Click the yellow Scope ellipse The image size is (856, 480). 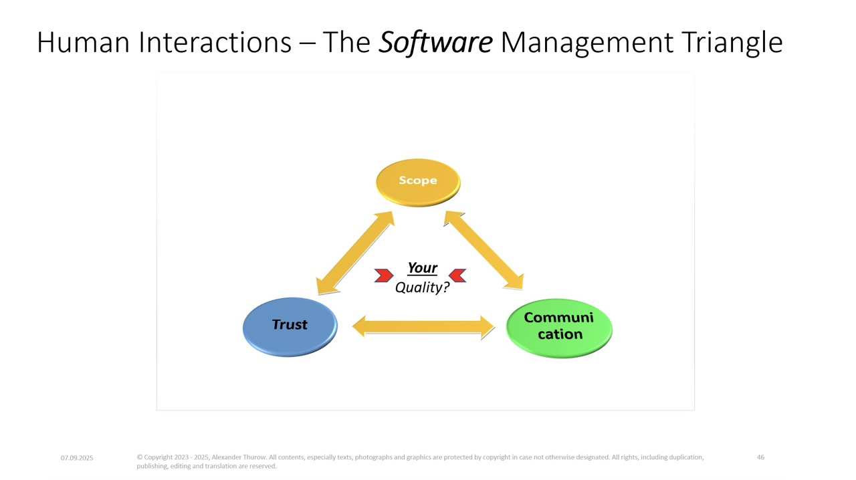(x=418, y=182)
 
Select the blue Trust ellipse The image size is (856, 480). (x=290, y=326)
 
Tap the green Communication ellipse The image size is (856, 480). (x=558, y=327)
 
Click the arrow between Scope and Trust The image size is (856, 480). (x=355, y=253)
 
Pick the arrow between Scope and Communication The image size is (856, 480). (x=484, y=250)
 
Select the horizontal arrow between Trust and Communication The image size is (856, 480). (x=423, y=327)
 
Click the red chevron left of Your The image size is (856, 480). (x=384, y=275)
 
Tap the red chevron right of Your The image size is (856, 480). (x=457, y=275)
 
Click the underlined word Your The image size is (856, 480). (x=422, y=268)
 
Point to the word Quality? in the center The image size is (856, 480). (x=422, y=287)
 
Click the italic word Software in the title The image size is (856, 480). (x=435, y=43)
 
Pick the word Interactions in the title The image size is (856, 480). (x=215, y=43)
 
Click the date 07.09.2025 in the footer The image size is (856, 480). (x=77, y=458)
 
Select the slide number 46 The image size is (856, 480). (x=760, y=457)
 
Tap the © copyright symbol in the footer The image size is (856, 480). (x=139, y=457)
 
